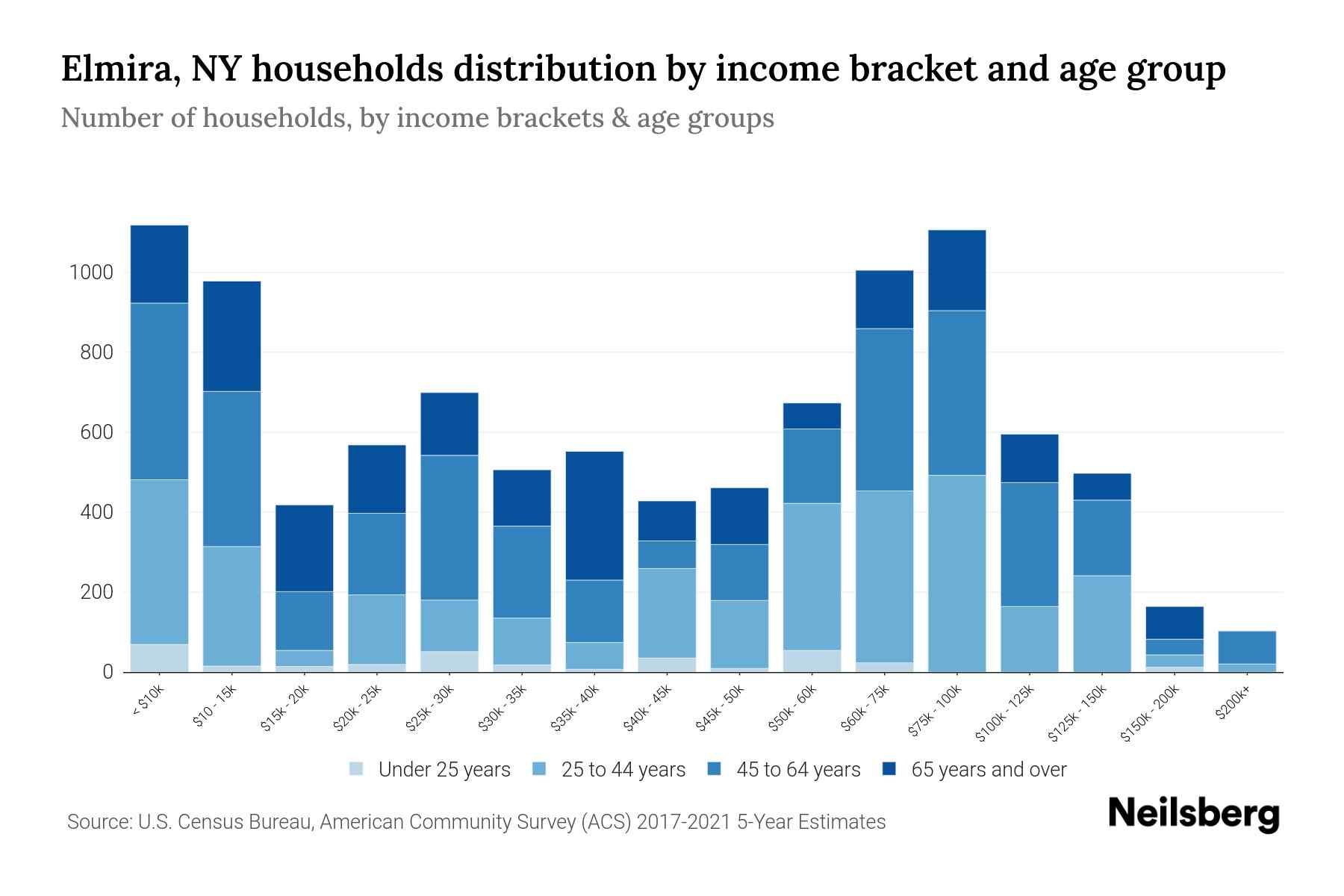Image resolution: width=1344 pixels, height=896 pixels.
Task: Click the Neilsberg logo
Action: (1193, 814)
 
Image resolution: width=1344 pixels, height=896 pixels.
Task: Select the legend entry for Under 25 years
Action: (430, 769)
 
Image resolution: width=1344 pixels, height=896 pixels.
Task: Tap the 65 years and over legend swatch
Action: (889, 768)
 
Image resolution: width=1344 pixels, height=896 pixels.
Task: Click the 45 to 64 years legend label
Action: (798, 769)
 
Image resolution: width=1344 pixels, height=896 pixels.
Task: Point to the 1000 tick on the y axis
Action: (91, 273)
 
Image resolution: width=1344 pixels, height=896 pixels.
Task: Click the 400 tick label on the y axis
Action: (97, 512)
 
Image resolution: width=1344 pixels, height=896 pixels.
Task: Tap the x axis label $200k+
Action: (1232, 706)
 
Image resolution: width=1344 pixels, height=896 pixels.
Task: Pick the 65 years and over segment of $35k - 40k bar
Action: (594, 515)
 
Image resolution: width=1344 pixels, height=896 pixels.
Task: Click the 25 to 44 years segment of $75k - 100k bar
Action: (956, 573)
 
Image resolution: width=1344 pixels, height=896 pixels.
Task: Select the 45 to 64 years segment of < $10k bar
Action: (159, 391)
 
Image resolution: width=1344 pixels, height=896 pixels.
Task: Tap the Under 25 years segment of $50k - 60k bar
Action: (812, 661)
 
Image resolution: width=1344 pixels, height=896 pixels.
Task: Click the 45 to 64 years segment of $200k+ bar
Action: (1246, 647)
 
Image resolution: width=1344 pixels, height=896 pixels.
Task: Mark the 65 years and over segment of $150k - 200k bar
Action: (1174, 623)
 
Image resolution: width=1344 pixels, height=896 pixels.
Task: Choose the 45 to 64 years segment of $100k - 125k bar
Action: (1029, 544)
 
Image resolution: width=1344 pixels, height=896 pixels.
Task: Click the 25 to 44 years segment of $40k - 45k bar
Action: (667, 612)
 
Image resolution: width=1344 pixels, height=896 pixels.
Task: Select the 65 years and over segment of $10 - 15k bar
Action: (231, 336)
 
